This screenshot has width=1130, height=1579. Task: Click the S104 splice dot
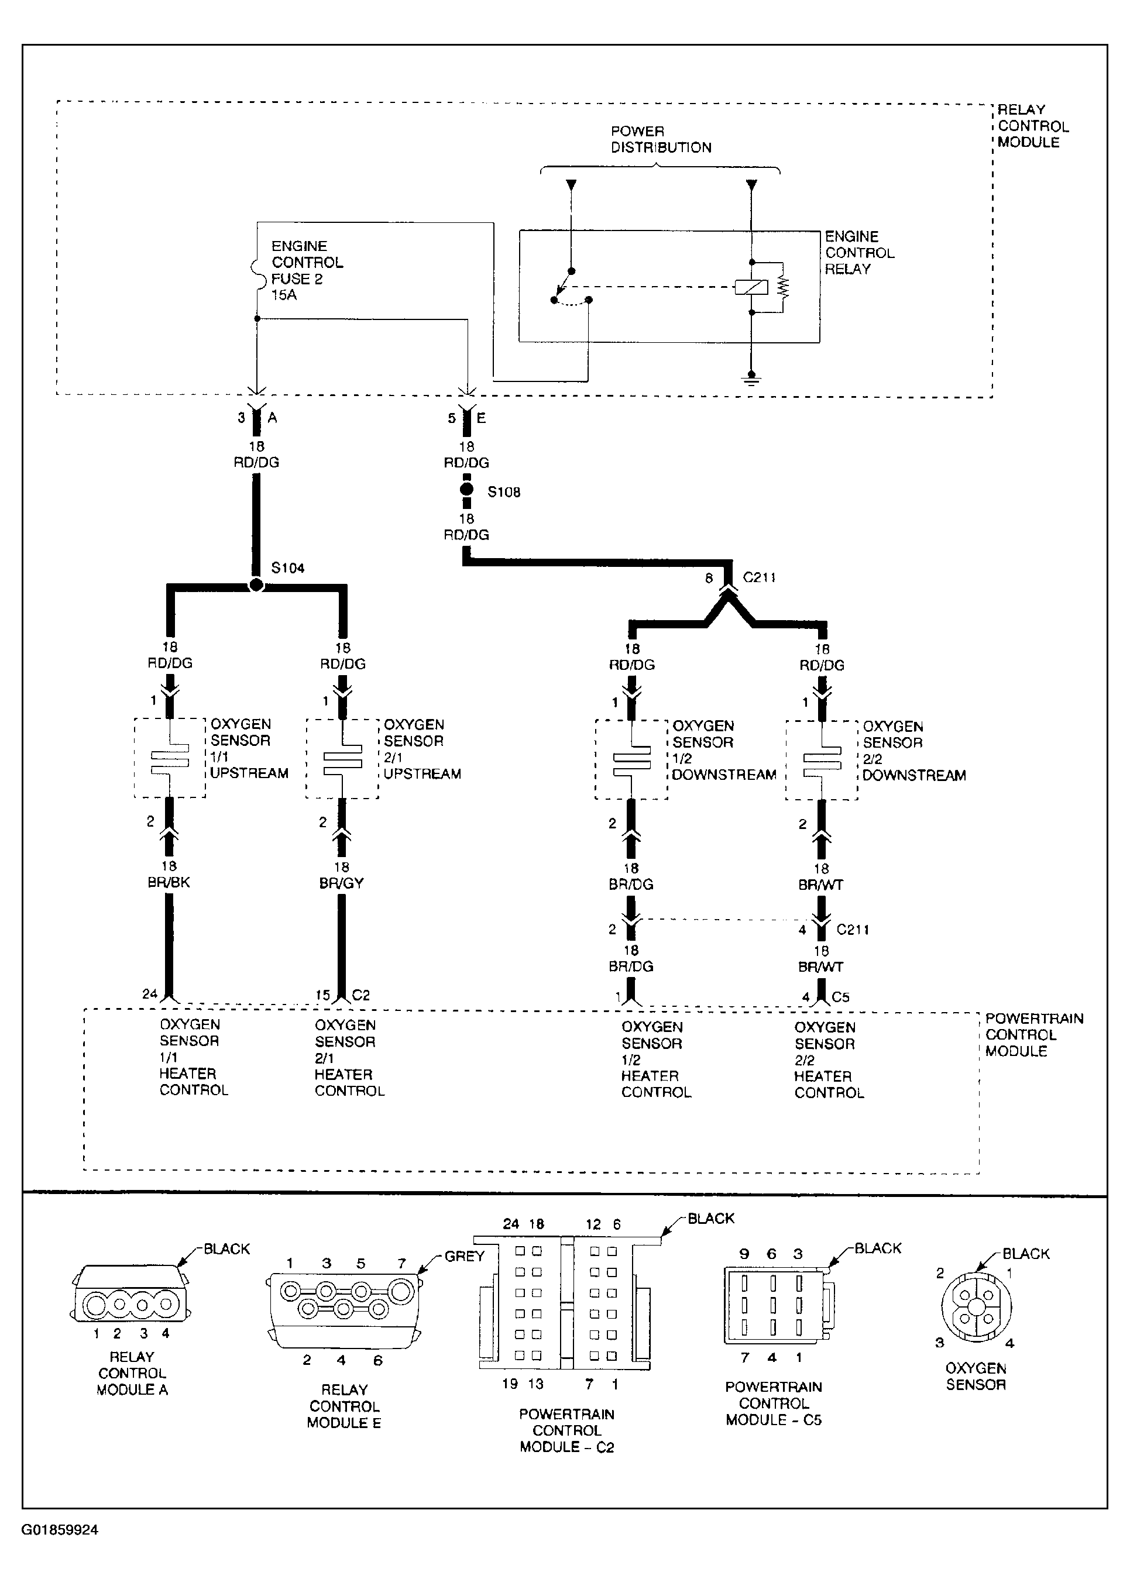point(256,586)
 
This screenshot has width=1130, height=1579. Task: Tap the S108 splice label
point(504,493)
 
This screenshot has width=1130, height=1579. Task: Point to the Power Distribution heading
point(660,139)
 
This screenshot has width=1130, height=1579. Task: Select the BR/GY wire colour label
point(342,883)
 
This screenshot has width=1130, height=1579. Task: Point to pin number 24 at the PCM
point(150,994)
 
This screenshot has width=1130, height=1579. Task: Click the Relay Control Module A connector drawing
point(131,1301)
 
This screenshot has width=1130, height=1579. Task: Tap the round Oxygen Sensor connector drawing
point(976,1308)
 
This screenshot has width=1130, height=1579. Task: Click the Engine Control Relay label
point(858,253)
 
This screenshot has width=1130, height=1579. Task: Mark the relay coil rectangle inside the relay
point(751,286)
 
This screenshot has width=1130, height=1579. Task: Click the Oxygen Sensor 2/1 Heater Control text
point(349,1058)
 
